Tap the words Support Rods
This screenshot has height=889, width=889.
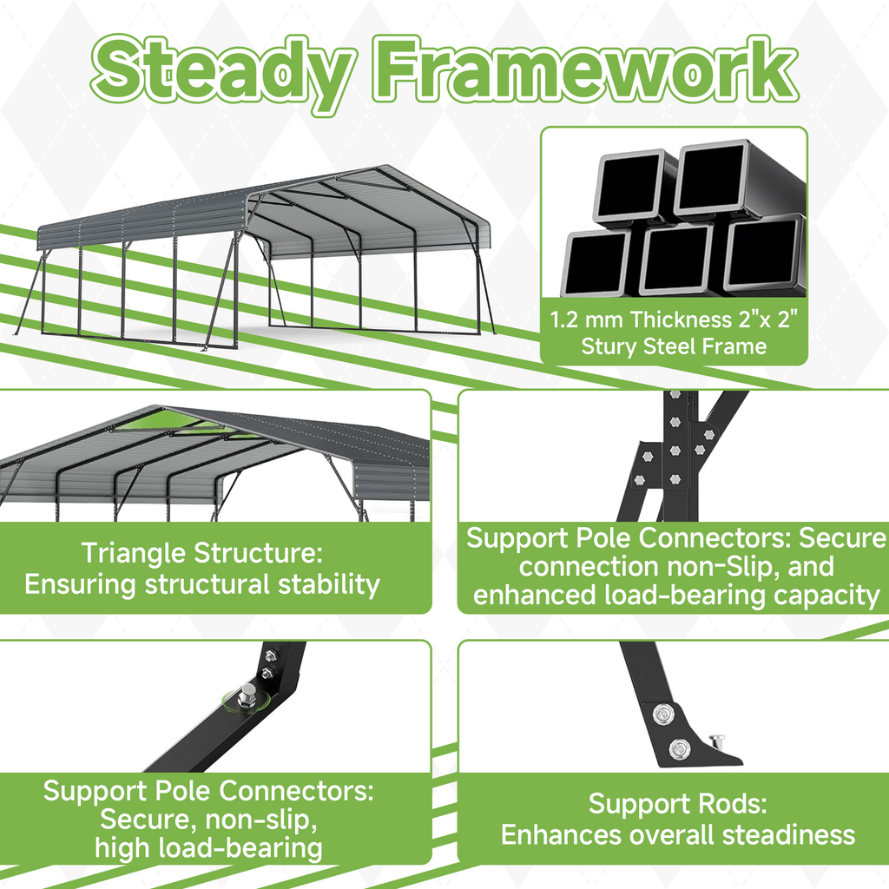[677, 803]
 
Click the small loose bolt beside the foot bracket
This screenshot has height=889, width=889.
[718, 741]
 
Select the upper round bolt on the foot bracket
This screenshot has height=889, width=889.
[663, 714]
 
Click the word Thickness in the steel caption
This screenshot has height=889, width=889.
[682, 319]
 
